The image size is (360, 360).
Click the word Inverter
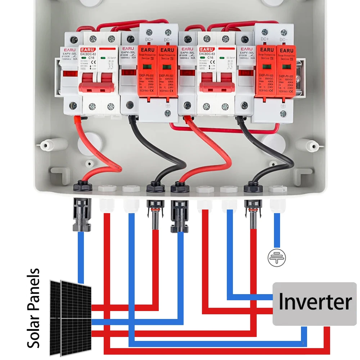coord(315,302)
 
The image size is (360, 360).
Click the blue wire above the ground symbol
coord(276,230)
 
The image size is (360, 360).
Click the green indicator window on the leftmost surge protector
coord(147,66)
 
